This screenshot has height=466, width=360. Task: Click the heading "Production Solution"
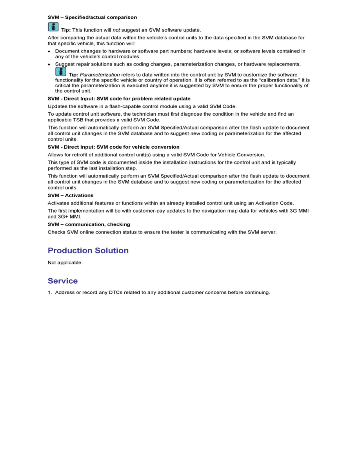coord(88,251)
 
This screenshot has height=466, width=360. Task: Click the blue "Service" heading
coord(63,281)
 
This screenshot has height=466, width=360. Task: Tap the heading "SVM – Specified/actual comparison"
coord(92,17)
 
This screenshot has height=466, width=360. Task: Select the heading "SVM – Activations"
coord(71,195)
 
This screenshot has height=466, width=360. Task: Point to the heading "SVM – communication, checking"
coord(89,224)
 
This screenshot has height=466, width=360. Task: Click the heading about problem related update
coord(119,98)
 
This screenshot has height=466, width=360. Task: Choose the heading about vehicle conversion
coord(113,147)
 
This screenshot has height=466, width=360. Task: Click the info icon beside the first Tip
coord(53,27)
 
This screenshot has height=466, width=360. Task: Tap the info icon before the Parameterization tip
coord(60,71)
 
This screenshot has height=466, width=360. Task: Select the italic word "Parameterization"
coord(100,75)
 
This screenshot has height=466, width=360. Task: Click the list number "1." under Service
coord(50,293)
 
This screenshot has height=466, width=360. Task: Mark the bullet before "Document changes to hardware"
coord(49,51)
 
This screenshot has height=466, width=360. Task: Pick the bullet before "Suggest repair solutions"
coord(49,64)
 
